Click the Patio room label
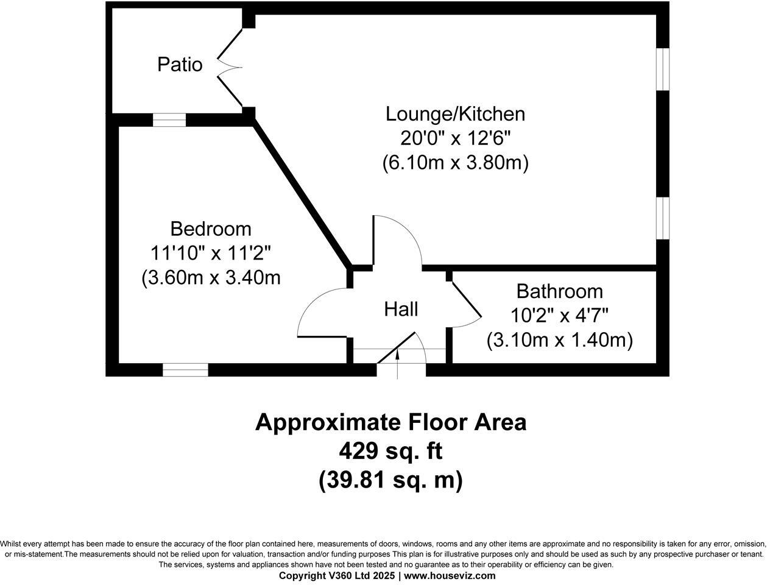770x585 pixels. [180, 64]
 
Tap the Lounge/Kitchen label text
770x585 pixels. [455, 114]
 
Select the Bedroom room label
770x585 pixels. [211, 229]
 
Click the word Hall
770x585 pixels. [401, 310]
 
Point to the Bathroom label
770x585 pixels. [559, 291]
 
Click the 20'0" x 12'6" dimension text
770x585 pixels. [455, 138]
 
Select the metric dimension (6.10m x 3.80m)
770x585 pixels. [455, 163]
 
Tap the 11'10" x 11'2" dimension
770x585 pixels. [211, 253]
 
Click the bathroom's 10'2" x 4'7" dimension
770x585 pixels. [559, 315]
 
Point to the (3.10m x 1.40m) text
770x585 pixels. [559, 339]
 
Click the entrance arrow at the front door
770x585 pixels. [398, 360]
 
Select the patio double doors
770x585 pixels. [228, 65]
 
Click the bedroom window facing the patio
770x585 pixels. [169, 120]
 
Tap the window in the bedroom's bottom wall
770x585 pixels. [185, 369]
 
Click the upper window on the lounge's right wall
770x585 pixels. [663, 69]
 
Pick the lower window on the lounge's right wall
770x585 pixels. [663, 218]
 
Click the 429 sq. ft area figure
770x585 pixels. [390, 452]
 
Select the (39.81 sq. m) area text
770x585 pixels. [390, 480]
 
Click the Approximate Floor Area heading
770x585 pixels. [390, 422]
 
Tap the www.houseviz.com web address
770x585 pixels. [450, 575]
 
